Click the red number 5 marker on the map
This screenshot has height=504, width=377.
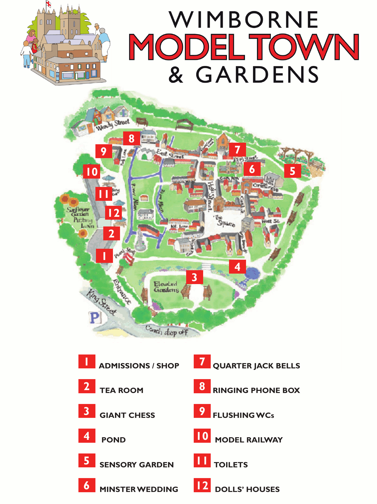tap(293, 171)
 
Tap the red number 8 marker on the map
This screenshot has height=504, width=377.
tap(132, 139)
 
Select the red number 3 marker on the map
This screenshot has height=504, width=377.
tap(195, 277)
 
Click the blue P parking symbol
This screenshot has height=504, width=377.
tap(95, 318)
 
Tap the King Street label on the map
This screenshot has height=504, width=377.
tap(101, 302)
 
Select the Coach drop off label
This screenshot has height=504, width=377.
tap(167, 331)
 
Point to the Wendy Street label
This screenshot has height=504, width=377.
tap(113, 124)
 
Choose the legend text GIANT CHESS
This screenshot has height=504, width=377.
tap(127, 415)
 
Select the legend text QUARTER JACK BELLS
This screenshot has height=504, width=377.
tap(256, 366)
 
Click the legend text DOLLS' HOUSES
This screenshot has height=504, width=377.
tap(247, 489)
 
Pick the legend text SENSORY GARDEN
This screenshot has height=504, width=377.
tap(136, 465)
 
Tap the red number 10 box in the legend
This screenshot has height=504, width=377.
tap(202, 436)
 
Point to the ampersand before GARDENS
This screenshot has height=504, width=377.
tap(176, 75)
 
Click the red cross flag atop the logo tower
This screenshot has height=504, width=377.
tap(48, 4)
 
